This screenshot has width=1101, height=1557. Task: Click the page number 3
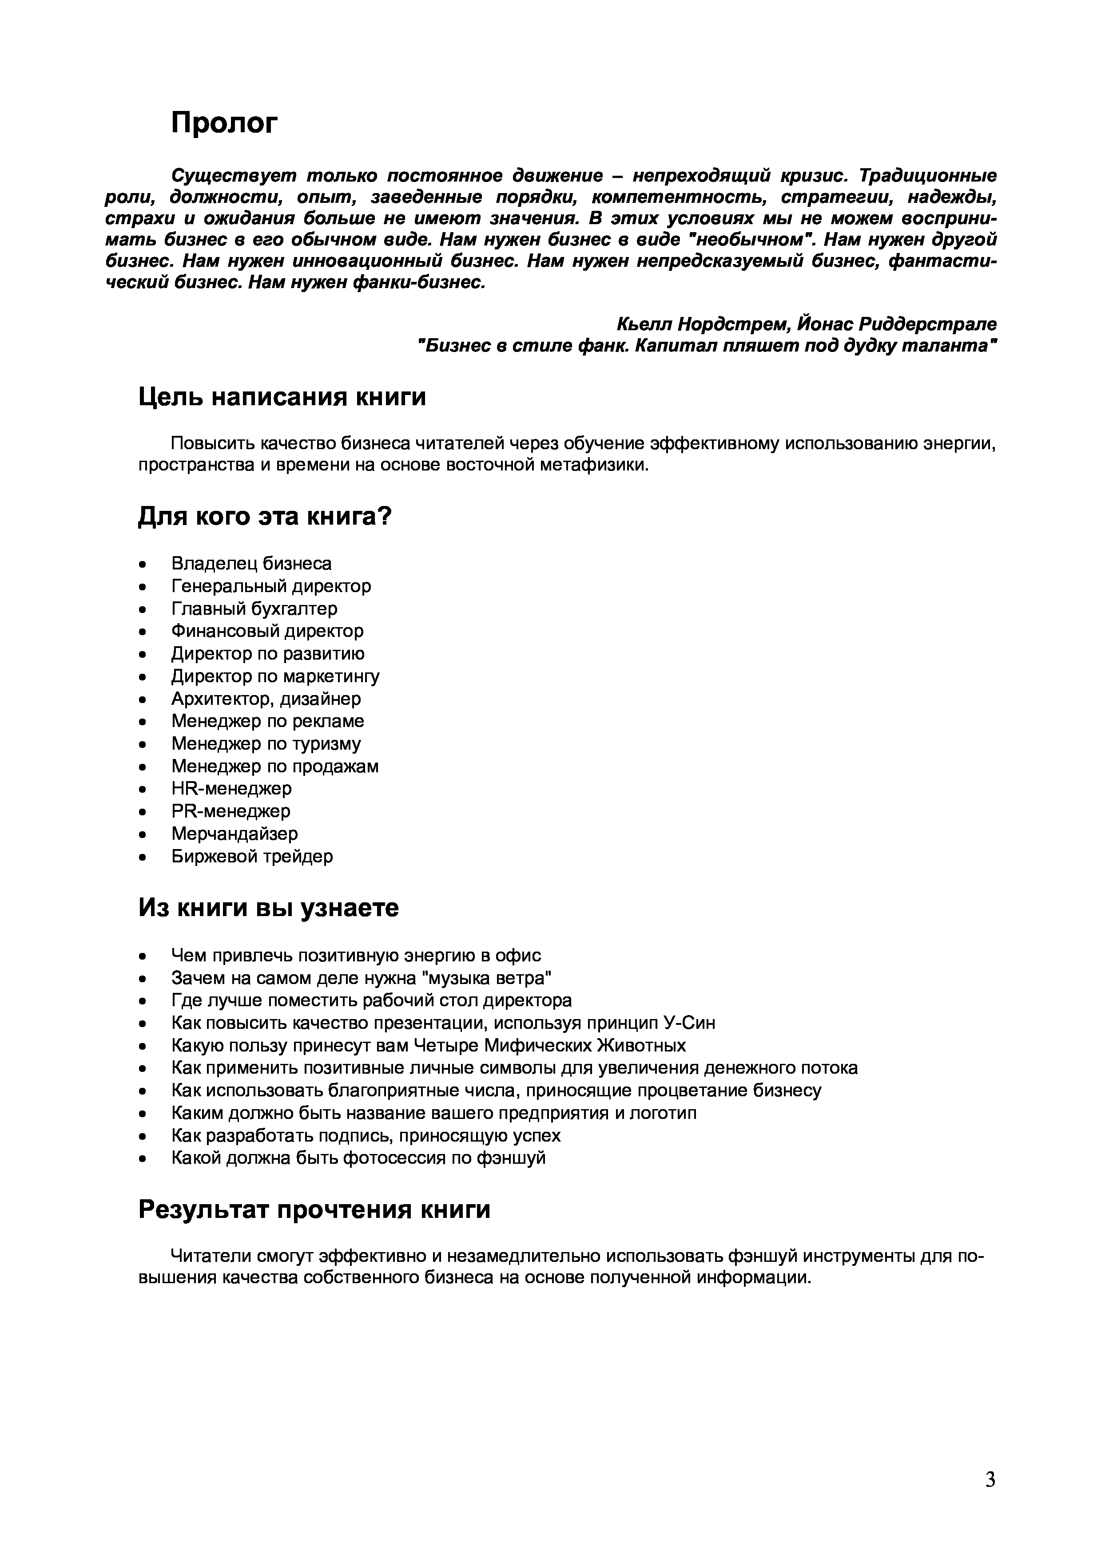point(990,1479)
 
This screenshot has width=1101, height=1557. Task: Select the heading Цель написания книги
point(282,397)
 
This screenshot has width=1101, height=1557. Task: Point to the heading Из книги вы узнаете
point(269,908)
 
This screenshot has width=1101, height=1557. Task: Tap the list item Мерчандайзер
point(234,834)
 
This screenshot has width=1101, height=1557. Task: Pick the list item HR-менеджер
point(231,789)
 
